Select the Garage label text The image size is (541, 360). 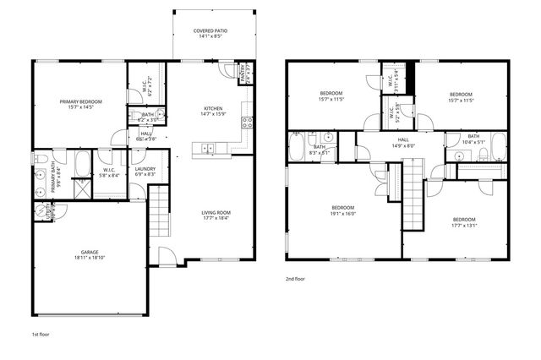click(x=90, y=252)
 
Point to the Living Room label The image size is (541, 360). click(x=216, y=212)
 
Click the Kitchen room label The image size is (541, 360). click(x=212, y=107)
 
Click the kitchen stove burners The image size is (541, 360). click(x=248, y=123)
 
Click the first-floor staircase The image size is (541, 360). click(x=160, y=212)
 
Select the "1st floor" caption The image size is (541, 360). click(x=41, y=335)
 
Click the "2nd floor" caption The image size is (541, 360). click(x=295, y=277)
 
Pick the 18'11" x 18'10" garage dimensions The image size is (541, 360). click(x=90, y=257)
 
